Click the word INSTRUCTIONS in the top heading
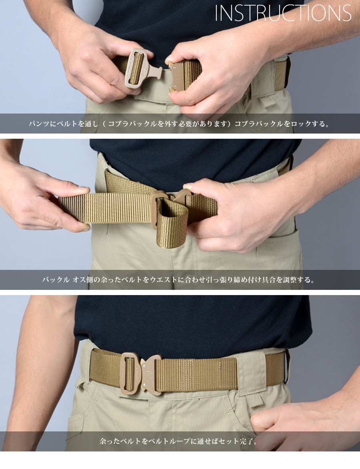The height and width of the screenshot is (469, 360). [x=283, y=14]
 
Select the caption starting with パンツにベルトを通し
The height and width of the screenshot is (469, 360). [x=180, y=124]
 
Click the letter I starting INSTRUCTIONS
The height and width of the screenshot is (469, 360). [x=216, y=14]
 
